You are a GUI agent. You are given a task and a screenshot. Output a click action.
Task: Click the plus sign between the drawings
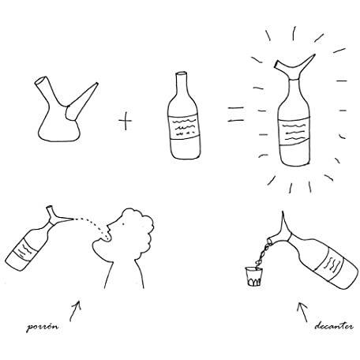click(126, 121)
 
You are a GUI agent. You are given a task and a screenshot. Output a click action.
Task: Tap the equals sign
click(231, 119)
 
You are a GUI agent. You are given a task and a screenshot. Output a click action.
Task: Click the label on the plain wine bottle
click(181, 126)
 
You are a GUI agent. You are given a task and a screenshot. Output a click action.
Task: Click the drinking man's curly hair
click(126, 220)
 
